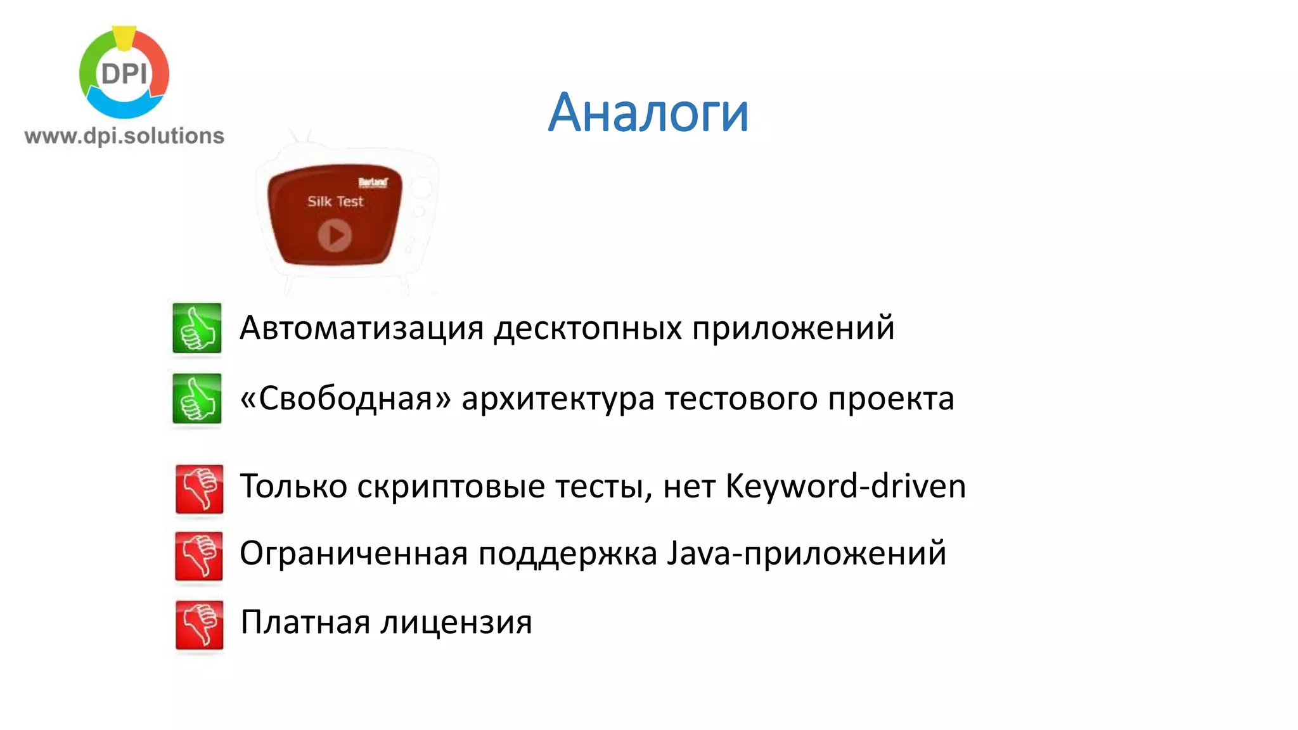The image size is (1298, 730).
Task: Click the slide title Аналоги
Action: click(648, 113)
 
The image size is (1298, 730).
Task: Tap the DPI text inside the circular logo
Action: click(124, 74)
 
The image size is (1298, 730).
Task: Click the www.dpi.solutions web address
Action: click(124, 136)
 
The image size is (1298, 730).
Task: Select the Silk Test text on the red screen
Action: click(335, 202)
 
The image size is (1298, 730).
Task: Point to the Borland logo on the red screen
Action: click(373, 182)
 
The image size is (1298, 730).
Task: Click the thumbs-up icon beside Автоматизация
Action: click(197, 328)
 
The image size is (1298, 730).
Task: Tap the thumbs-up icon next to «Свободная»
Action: click(197, 399)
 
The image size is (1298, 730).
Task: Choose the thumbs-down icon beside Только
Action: click(199, 489)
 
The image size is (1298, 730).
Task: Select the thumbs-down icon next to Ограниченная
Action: click(199, 556)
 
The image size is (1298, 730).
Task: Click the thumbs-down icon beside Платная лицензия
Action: click(199, 624)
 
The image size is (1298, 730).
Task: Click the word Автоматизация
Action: click(362, 328)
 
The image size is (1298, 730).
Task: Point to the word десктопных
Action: click(588, 328)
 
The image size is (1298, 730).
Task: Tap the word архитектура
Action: click(558, 399)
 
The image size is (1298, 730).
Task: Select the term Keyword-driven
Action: click(845, 487)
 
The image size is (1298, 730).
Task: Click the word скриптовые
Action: click(451, 487)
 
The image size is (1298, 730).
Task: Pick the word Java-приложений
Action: click(806, 553)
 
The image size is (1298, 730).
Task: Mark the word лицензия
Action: click(456, 622)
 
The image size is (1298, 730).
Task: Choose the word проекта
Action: click(891, 399)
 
